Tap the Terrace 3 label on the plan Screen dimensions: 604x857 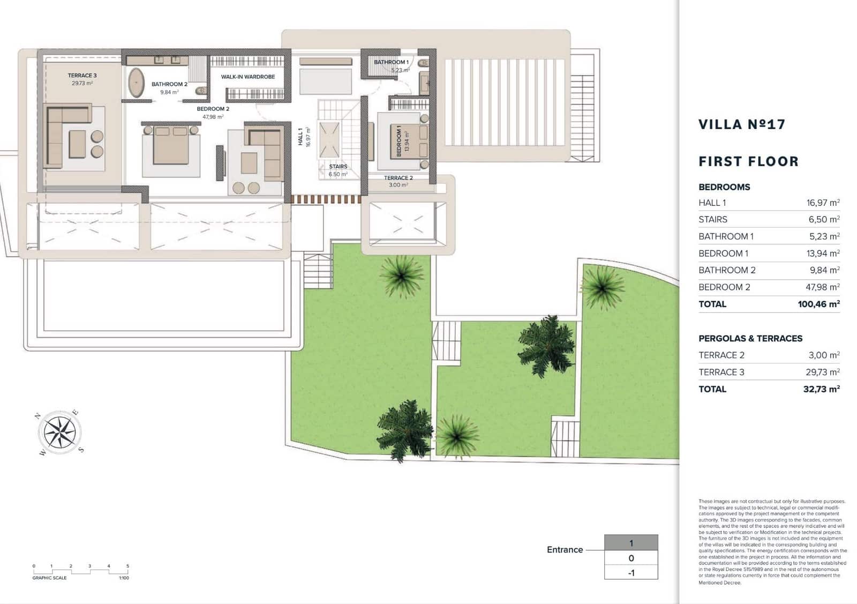tap(82, 76)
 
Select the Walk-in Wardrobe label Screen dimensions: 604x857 tap(248, 77)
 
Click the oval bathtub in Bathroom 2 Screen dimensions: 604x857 tap(136, 84)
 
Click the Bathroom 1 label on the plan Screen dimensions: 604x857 tap(391, 62)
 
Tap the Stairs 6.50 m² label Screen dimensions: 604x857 tap(338, 167)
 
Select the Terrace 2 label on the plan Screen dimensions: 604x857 tap(398, 178)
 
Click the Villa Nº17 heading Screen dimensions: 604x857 tap(742, 124)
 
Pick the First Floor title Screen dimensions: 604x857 tap(748, 161)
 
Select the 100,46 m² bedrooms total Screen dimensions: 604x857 tap(818, 304)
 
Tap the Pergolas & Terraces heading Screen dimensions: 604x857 tap(750, 338)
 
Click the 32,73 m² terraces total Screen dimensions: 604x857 tap(821, 389)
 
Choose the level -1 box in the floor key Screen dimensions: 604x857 tap(631, 572)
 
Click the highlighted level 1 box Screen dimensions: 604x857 tap(631, 543)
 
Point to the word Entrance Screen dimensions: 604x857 tap(565, 550)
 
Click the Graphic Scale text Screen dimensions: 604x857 tap(49, 578)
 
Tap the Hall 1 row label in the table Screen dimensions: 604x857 tap(712, 203)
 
